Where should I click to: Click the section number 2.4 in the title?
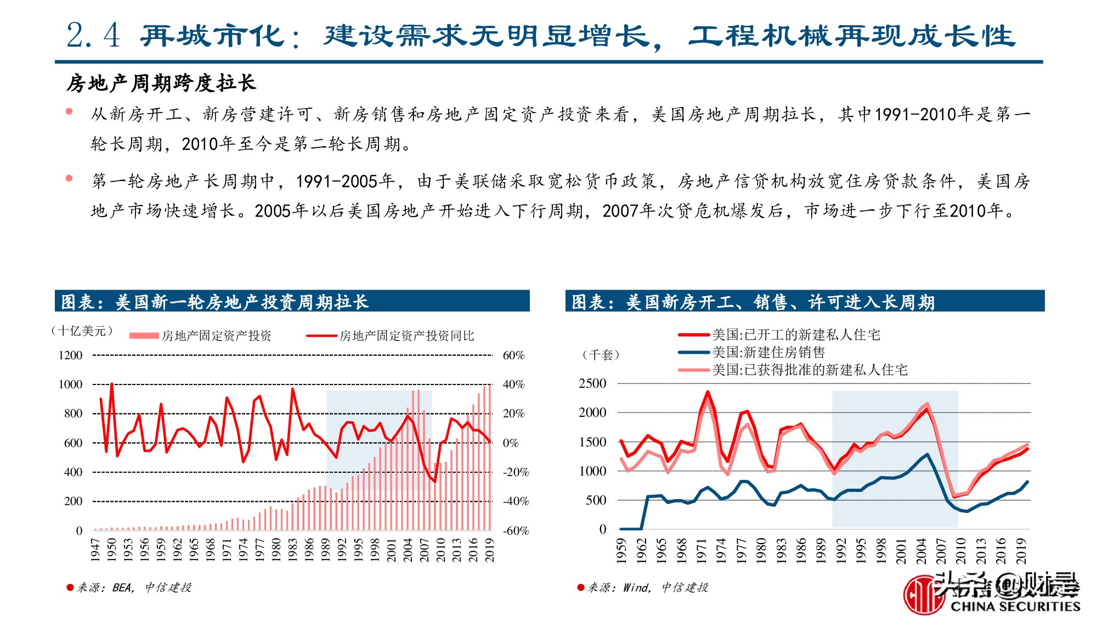(93, 36)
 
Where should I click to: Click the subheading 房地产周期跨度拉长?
(161, 83)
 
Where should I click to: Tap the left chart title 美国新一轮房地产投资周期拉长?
(241, 302)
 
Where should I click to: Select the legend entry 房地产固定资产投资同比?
(406, 336)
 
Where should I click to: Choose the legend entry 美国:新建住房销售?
(768, 352)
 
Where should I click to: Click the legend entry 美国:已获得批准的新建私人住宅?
(809, 370)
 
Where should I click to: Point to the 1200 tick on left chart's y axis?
(70, 355)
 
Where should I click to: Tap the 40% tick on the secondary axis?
(513, 384)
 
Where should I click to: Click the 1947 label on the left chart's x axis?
(95, 550)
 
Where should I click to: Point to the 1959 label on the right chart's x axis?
(621, 551)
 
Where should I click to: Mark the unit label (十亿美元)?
(82, 331)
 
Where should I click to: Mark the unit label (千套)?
(601, 354)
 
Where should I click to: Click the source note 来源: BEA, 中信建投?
(133, 587)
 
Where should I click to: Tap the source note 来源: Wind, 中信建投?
(647, 587)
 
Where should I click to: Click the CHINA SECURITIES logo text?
(1015, 606)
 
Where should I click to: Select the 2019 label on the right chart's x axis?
(1021, 551)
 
